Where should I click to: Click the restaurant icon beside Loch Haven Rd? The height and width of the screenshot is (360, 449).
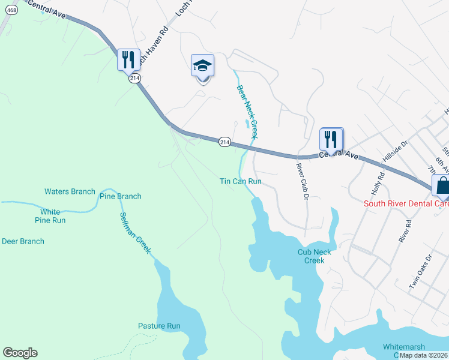coord(128,60)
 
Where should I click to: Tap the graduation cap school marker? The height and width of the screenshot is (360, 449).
coord(202,65)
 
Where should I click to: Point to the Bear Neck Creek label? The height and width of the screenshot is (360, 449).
coord(247,112)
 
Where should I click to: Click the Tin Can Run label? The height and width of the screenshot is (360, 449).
coord(240,181)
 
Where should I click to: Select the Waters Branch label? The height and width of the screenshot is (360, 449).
coord(70,191)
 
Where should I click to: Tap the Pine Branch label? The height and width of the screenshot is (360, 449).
coord(120,196)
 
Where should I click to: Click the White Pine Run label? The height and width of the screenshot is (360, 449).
coord(53,216)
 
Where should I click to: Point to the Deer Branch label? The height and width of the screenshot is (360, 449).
coord(23,241)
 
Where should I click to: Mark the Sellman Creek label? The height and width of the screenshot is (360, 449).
coord(134,233)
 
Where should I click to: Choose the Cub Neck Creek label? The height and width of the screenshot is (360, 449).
coord(314,256)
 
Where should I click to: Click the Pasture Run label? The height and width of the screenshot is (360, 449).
coord(159,326)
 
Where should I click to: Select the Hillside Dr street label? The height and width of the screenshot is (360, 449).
coord(396,152)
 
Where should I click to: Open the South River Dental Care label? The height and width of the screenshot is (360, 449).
coord(406,204)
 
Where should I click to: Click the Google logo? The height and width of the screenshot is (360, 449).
coord(20,353)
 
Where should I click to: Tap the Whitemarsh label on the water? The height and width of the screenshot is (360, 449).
coord(405,347)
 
